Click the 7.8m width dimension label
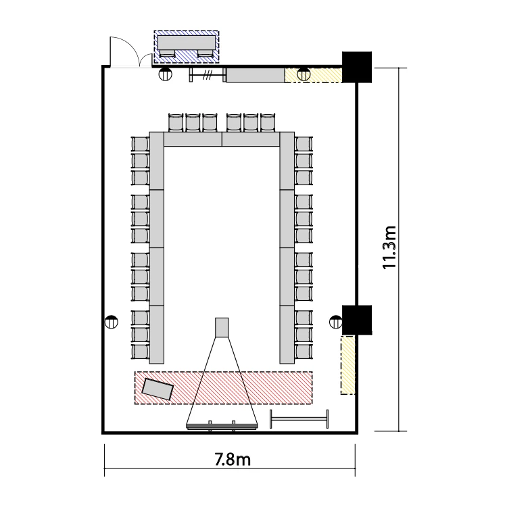pyautogui.click(x=233, y=459)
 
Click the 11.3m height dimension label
pyautogui.click(x=389, y=247)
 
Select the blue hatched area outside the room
pyautogui.click(x=187, y=47)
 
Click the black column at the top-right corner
pyautogui.click(x=357, y=67)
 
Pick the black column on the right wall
pyautogui.click(x=357, y=320)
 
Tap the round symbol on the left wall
pyautogui.click(x=112, y=322)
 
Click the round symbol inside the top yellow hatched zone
pyautogui.click(x=304, y=75)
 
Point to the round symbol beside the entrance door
pyautogui.click(x=166, y=74)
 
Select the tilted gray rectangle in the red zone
pyautogui.click(x=158, y=389)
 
